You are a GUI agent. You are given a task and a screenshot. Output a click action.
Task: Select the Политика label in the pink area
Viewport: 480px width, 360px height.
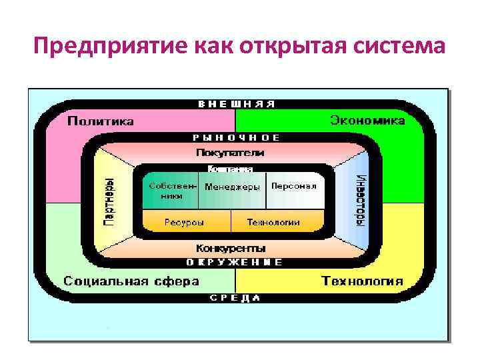pyautogui.click(x=101, y=121)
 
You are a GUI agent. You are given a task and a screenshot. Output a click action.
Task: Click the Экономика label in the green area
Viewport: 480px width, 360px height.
pyautogui.click(x=367, y=121)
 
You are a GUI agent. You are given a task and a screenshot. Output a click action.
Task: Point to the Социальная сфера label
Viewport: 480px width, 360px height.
pyautogui.click(x=131, y=281)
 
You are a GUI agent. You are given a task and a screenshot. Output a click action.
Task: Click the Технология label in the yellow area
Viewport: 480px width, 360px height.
pyautogui.click(x=362, y=281)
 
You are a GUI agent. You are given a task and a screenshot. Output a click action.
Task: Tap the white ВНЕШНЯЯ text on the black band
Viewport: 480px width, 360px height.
pyautogui.click(x=237, y=104)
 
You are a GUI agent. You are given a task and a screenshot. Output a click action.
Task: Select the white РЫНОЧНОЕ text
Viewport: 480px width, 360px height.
pyautogui.click(x=237, y=137)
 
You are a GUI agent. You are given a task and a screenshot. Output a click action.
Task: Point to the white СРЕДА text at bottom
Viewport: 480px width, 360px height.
pyautogui.click(x=235, y=298)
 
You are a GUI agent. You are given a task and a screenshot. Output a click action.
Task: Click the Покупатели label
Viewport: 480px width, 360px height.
pyautogui.click(x=230, y=153)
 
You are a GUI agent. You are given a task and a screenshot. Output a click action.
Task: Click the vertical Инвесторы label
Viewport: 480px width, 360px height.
pyautogui.click(x=361, y=200)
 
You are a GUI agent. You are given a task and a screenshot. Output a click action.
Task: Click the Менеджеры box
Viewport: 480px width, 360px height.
pyautogui.click(x=232, y=187)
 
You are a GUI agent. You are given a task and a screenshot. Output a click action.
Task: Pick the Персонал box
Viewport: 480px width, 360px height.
pyautogui.click(x=293, y=187)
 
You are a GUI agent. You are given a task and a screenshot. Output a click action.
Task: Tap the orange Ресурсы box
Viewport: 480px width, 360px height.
pyautogui.click(x=185, y=222)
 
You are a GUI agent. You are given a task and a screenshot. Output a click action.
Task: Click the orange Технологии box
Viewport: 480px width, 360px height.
pyautogui.click(x=273, y=222)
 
